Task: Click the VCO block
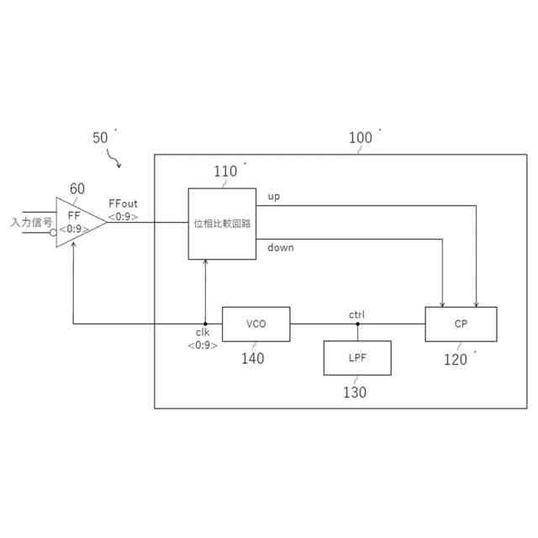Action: (256, 324)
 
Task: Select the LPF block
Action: (357, 358)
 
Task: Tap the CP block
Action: (461, 324)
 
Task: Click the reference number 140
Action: (252, 359)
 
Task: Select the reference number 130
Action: (354, 393)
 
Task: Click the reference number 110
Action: (225, 172)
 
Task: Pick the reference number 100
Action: (360, 138)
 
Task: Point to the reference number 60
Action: (76, 189)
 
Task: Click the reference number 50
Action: (100, 138)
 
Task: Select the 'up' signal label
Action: (273, 197)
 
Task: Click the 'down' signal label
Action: (281, 247)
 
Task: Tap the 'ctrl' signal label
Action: (357, 314)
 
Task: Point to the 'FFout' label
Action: (124, 204)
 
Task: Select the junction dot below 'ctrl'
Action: (357, 324)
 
